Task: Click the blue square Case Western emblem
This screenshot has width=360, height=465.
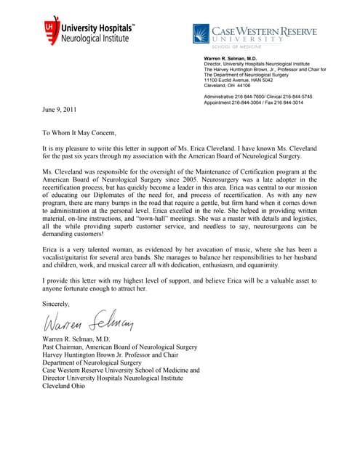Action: pyautogui.click(x=200, y=33)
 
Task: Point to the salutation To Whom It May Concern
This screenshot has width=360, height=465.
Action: pyautogui.click(x=79, y=133)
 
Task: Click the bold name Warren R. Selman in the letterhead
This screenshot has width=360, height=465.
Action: pyautogui.click(x=230, y=57)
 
